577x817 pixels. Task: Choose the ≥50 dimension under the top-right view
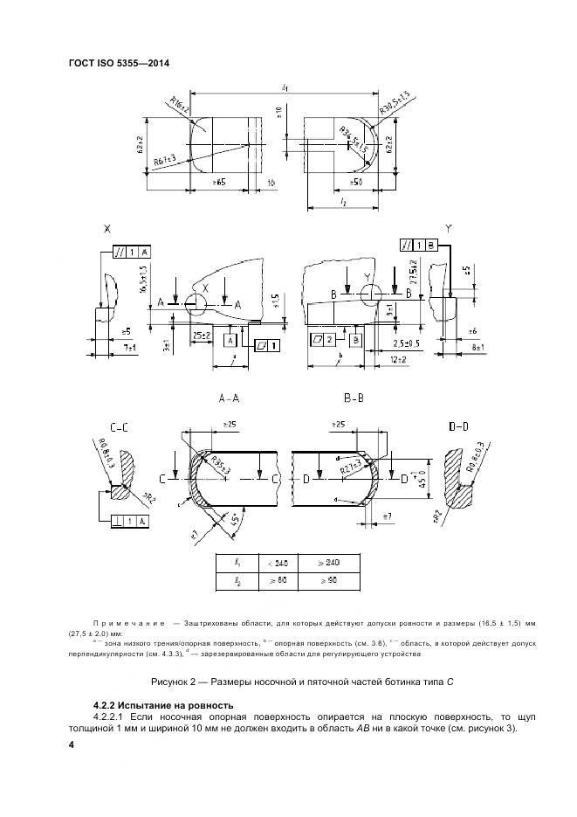356,182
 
